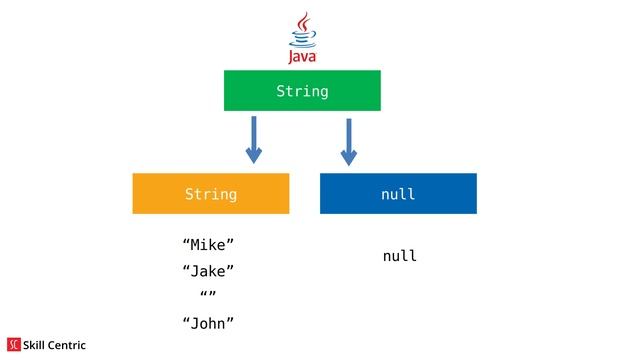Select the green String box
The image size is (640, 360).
point(302,91)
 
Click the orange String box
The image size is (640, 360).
point(210,193)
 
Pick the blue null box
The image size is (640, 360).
point(398,193)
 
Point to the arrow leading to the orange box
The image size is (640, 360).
point(254,138)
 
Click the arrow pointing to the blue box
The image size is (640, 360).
point(348,140)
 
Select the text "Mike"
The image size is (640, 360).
point(208,245)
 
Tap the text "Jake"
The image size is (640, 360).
point(208,271)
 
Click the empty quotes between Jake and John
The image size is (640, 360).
point(208,296)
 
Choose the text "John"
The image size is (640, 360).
point(208,322)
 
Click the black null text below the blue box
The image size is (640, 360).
point(399,257)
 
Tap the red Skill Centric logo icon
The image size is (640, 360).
point(14,345)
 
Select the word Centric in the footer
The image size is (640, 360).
point(68,345)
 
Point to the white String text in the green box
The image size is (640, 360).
point(302,92)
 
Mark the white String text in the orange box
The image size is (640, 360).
point(211,194)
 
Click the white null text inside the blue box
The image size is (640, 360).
point(398,194)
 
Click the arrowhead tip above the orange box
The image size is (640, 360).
point(254,160)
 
